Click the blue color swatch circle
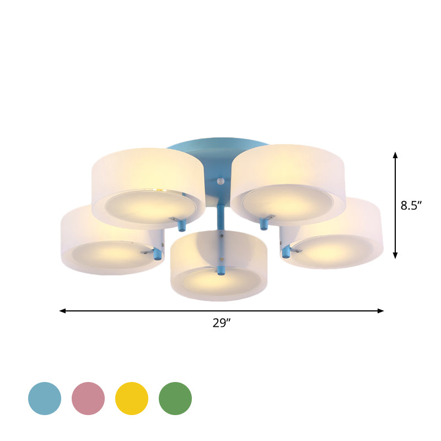click(45, 399)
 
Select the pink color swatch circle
click(88, 399)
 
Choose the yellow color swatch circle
click(132, 399)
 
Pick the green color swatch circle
click(175, 399)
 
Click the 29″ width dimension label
click(221, 324)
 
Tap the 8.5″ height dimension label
click(411, 206)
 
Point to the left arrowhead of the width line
click(62, 311)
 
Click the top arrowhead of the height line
click(395, 155)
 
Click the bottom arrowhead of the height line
click(395, 255)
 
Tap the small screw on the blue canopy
click(221, 181)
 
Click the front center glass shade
click(219, 265)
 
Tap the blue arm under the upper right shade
click(264, 224)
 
